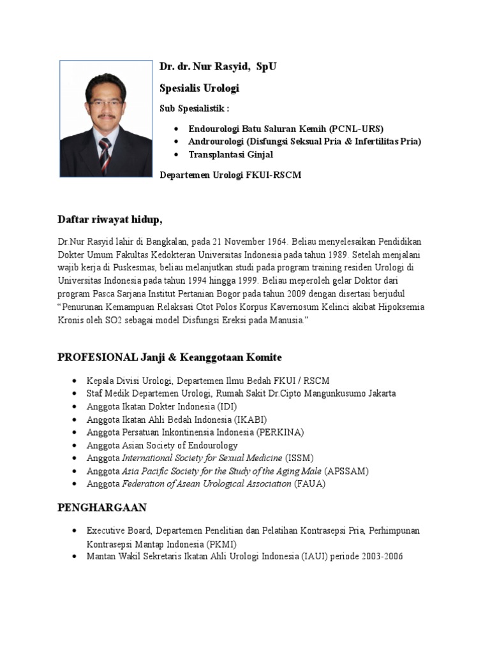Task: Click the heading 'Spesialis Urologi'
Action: tap(198, 88)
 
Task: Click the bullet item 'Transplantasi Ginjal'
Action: tap(230, 154)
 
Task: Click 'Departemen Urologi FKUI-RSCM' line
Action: tap(230, 175)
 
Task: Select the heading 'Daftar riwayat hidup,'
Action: tap(110, 220)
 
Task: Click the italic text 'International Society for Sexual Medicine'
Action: tap(202, 458)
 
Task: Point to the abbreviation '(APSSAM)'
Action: tap(346, 471)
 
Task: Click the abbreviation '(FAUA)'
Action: tap(309, 484)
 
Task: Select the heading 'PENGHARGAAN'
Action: tap(102, 508)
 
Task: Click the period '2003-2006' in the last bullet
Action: tap(380, 557)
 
